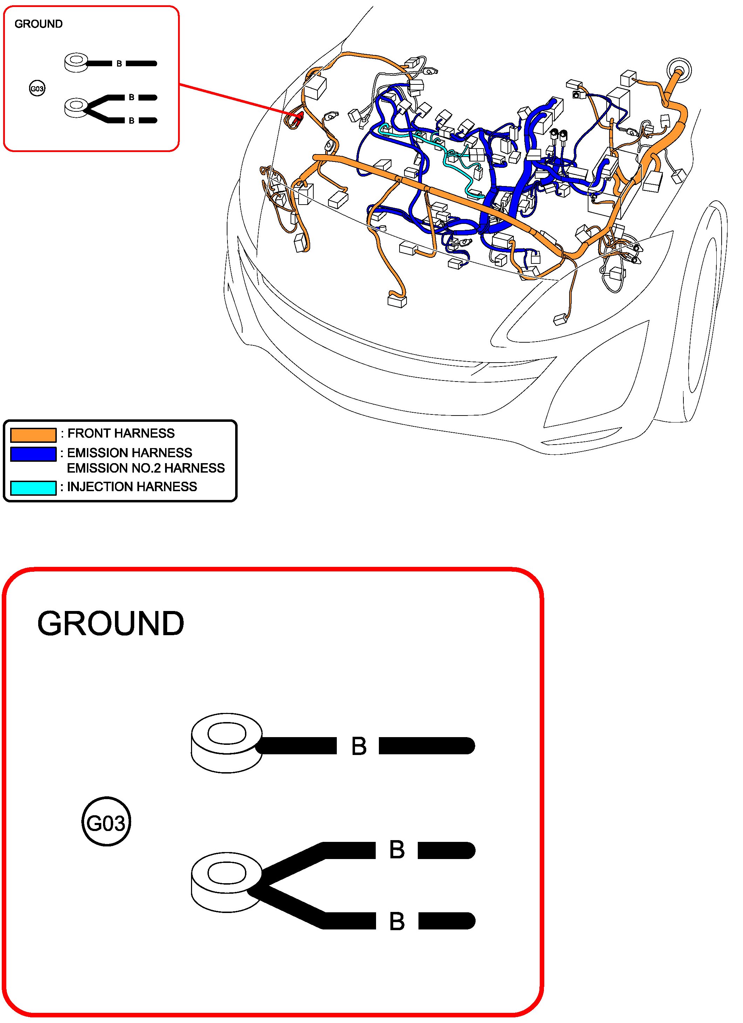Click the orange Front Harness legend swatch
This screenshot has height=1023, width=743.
(x=33, y=434)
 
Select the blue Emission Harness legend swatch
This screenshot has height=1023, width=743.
(x=33, y=454)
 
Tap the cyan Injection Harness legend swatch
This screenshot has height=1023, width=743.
(x=33, y=488)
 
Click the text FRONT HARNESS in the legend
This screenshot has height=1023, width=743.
(x=121, y=433)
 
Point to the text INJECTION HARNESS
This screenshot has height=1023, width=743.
(x=132, y=487)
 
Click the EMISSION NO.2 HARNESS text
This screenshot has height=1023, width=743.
(x=146, y=468)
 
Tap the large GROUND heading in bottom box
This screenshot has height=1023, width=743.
(x=110, y=624)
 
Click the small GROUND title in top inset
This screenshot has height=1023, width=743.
(x=38, y=24)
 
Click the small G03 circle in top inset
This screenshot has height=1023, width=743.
(x=37, y=88)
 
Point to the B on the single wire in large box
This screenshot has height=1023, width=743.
(x=359, y=747)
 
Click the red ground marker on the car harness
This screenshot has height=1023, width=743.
(x=298, y=118)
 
